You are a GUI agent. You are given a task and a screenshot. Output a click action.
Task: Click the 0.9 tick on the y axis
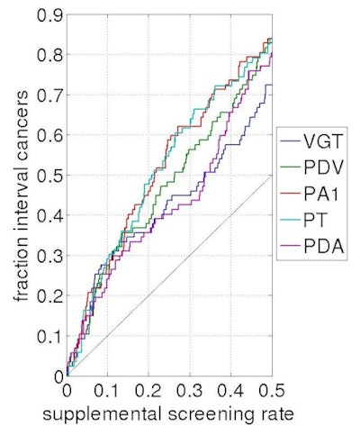pos(50,15)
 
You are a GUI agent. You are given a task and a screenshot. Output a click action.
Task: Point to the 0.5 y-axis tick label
pos(50,176)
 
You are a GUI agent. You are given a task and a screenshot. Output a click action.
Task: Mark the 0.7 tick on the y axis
pos(50,95)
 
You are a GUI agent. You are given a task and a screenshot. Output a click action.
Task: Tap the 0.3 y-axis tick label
pos(50,256)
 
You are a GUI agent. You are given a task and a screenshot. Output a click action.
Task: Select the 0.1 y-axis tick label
pos(50,336)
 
